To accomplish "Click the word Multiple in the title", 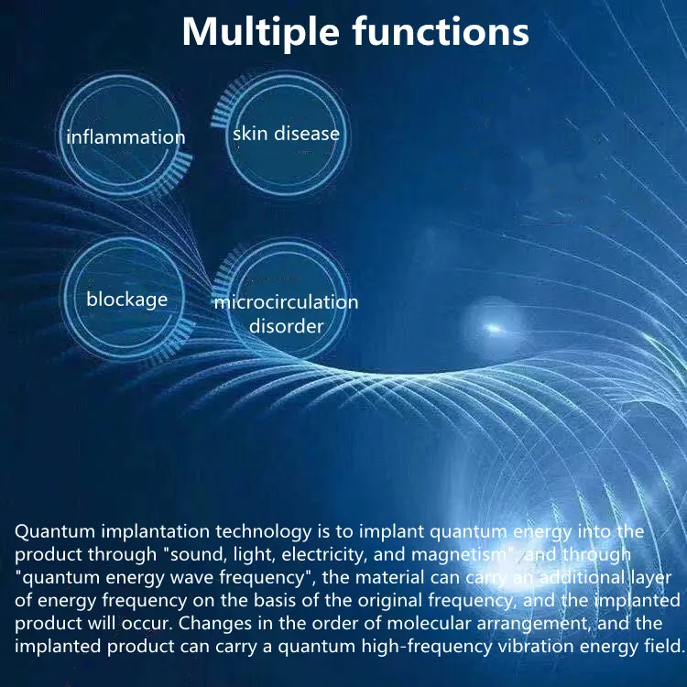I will [x=260, y=32].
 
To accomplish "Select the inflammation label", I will [x=125, y=137].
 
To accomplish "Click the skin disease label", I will [x=286, y=134].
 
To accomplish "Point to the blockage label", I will [x=127, y=299].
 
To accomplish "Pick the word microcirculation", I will [x=286, y=302].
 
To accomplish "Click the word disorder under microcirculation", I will [x=286, y=325].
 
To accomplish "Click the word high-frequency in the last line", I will [x=415, y=646].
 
